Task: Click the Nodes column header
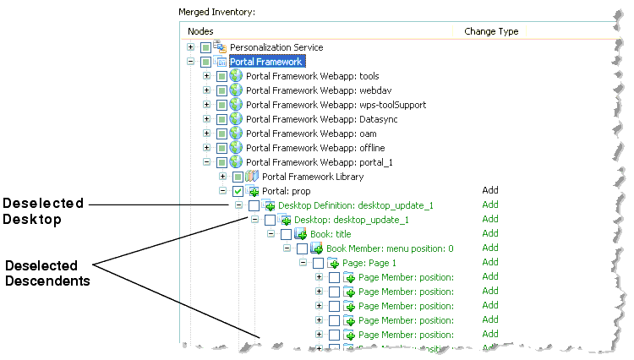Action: (201, 31)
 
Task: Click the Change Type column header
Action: (491, 31)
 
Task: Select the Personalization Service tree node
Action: (276, 47)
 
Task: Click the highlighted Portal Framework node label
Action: (266, 62)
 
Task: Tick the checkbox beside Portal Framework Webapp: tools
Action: (221, 76)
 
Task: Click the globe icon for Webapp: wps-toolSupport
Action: (237, 105)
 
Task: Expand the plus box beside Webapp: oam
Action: (207, 134)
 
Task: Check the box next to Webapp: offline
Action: (221, 148)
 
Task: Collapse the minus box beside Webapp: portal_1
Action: (207, 162)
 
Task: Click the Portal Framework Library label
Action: (313, 177)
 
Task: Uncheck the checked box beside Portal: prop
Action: (238, 191)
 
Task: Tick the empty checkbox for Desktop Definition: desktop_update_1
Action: (254, 205)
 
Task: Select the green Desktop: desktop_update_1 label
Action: (351, 220)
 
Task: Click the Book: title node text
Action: (331, 234)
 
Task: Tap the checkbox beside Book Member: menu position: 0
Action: (302, 248)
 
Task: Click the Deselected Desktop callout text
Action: (43, 210)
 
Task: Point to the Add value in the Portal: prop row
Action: (490, 191)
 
